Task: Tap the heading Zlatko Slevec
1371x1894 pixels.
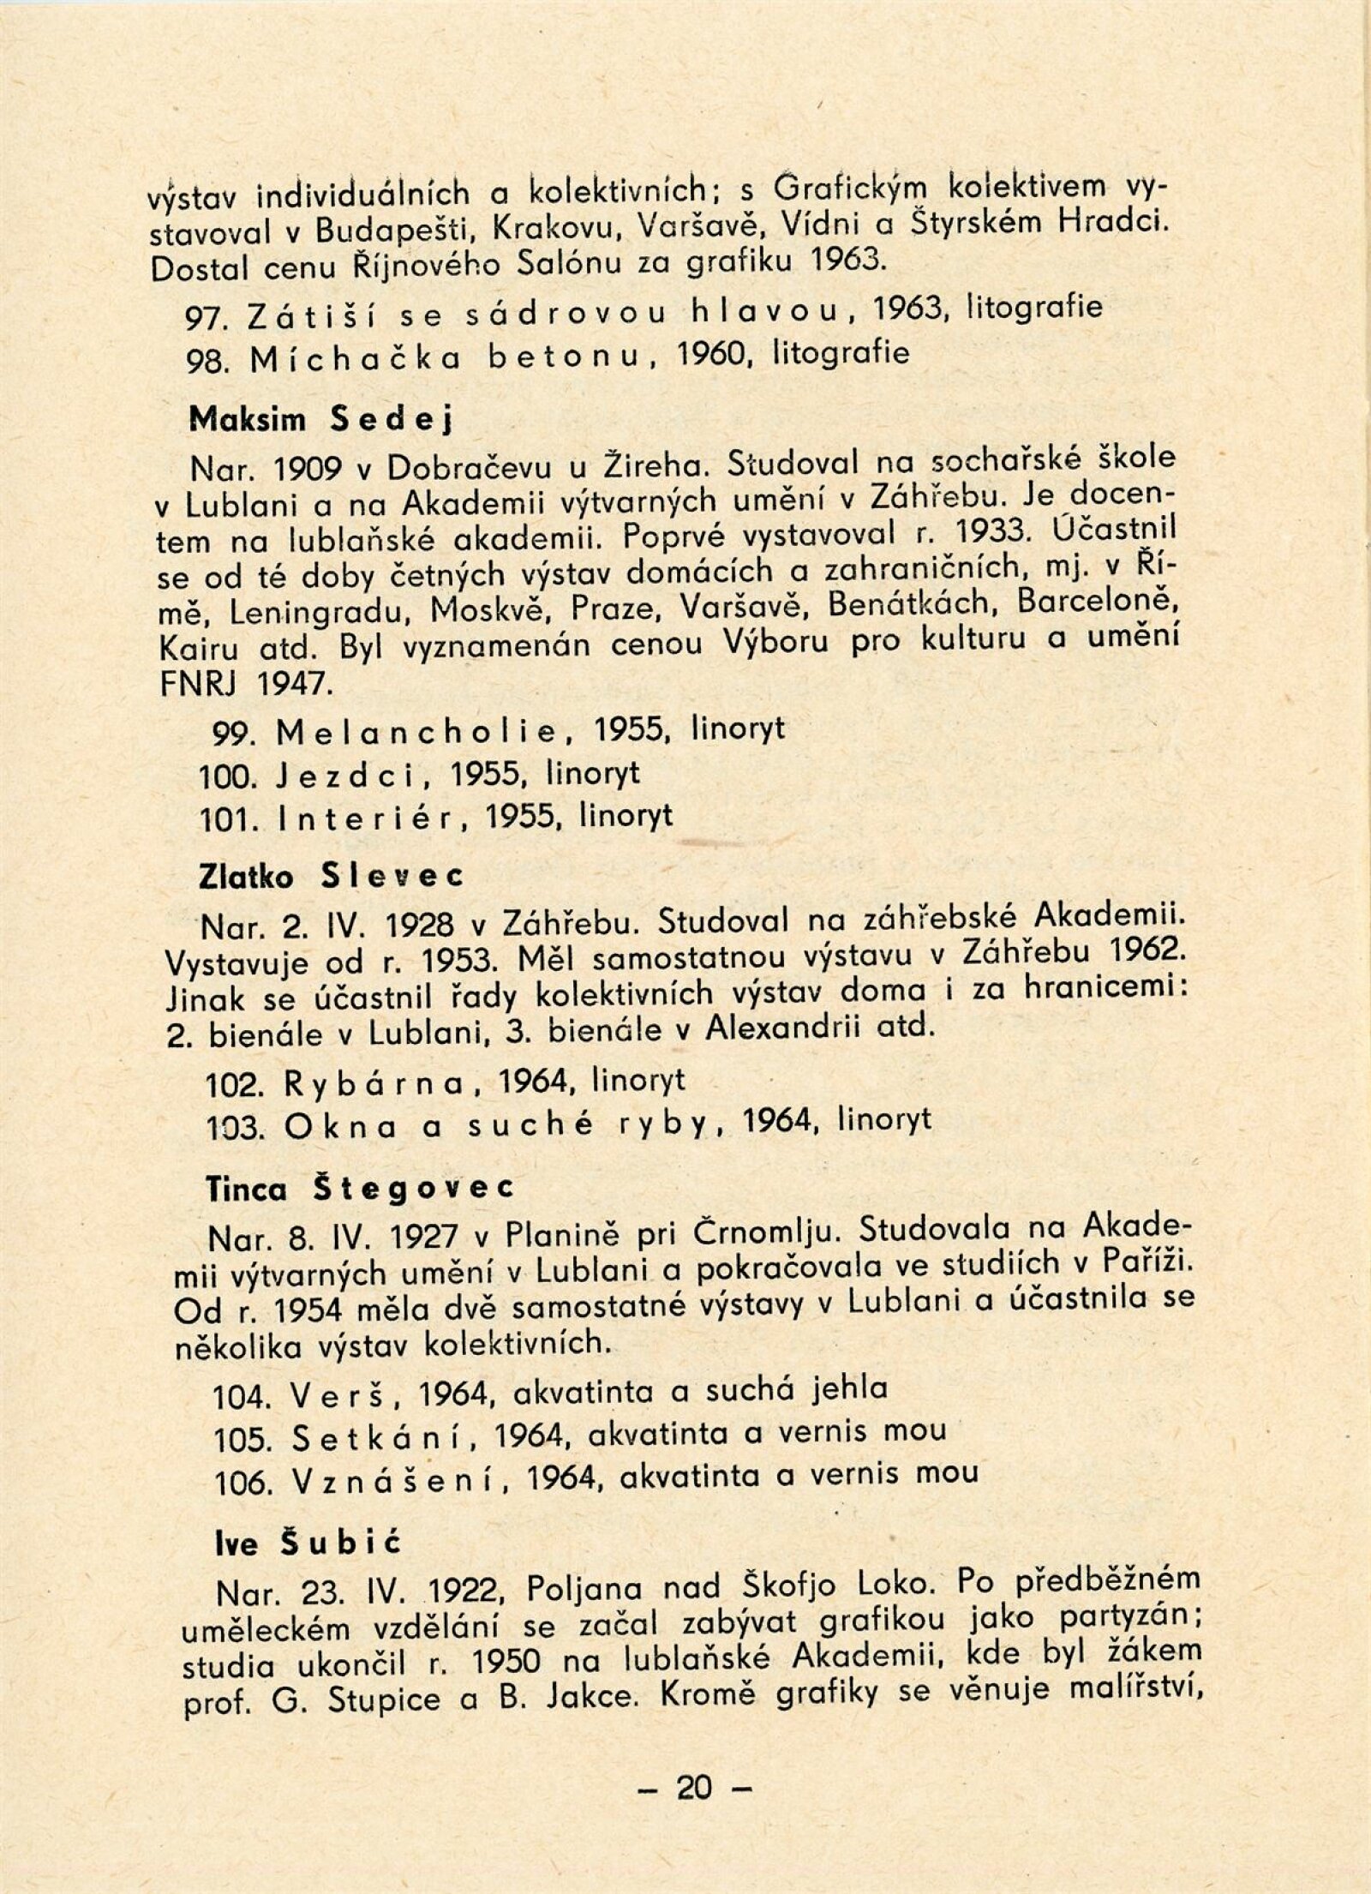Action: [x=331, y=877]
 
